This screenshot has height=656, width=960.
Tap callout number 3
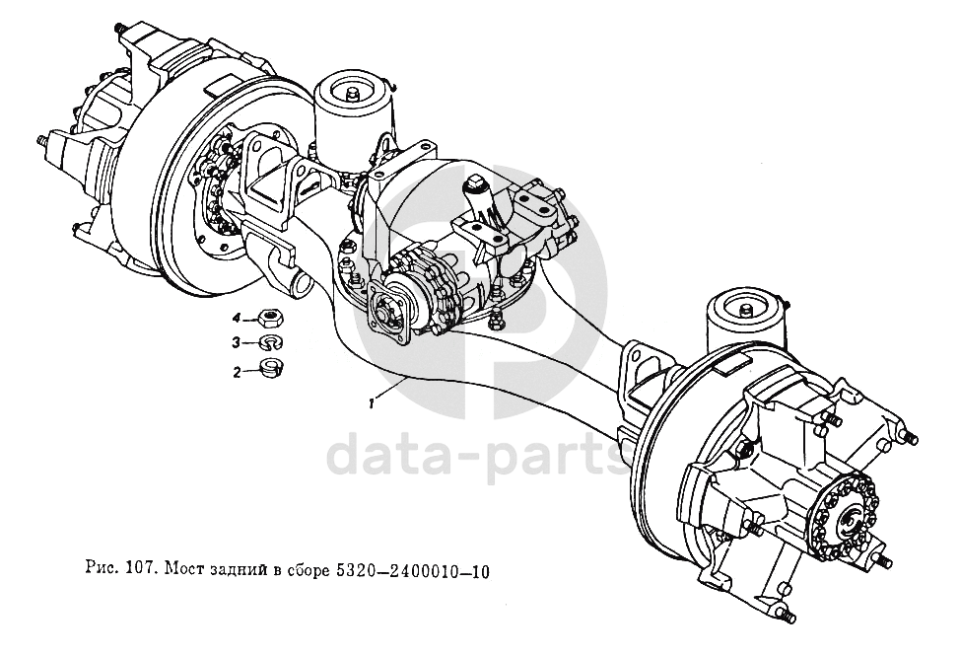click(237, 343)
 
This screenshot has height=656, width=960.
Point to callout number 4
click(237, 318)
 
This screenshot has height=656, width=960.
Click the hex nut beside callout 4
click(269, 318)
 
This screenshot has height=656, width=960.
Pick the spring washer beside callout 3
click(269, 343)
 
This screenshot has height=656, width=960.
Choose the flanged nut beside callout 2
click(269, 370)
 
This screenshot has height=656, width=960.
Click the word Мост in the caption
click(183, 570)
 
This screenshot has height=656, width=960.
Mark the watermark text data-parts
click(480, 456)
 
